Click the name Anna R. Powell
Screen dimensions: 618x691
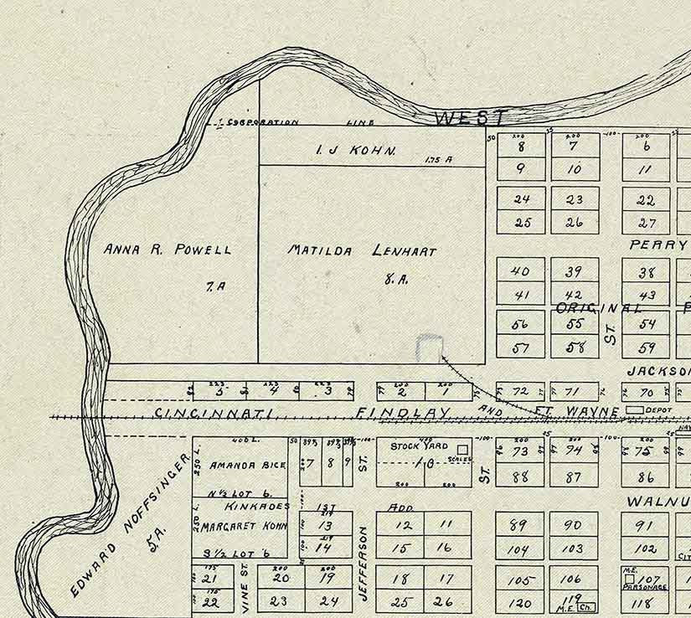(x=167, y=249)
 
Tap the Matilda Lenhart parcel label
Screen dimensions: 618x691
(x=362, y=250)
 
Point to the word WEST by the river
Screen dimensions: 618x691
(x=471, y=119)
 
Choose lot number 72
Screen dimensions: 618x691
(x=521, y=392)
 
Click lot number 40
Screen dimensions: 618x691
(x=520, y=270)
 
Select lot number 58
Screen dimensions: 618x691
(x=574, y=348)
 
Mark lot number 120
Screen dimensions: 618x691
(x=520, y=603)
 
